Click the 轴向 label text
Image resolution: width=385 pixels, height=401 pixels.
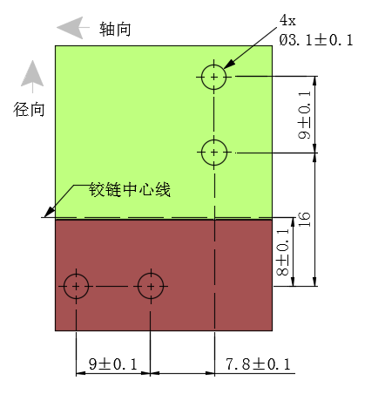pyautogui.click(x=115, y=30)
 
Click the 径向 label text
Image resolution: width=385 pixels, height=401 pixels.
pyautogui.click(x=29, y=110)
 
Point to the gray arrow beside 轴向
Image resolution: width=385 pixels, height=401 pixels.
pyautogui.click(x=73, y=28)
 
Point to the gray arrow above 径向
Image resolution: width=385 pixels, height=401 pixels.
pyautogui.click(x=32, y=77)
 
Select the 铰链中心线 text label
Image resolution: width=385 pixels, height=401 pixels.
pyautogui.click(x=130, y=189)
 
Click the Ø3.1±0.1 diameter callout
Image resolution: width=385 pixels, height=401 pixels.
pyautogui.click(x=316, y=40)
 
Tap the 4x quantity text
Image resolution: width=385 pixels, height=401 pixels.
pyautogui.click(x=287, y=20)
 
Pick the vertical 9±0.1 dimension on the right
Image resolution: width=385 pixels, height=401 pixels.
pyautogui.click(x=304, y=115)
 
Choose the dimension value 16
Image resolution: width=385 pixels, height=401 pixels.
pyautogui.click(x=304, y=220)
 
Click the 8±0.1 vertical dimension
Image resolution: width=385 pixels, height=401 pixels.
pyautogui.click(x=282, y=252)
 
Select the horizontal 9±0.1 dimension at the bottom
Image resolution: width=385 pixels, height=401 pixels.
pyautogui.click(x=112, y=364)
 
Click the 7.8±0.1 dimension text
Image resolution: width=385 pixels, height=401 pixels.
pyautogui.click(x=258, y=364)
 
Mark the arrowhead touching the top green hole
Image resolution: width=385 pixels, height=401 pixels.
pyautogui.click(x=229, y=65)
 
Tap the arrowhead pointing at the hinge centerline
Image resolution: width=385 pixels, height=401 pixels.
pyautogui.click(x=49, y=213)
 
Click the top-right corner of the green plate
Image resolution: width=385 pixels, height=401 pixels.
pyautogui.click(x=272, y=45)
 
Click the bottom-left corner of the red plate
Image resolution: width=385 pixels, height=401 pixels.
pyautogui.click(x=55, y=330)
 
